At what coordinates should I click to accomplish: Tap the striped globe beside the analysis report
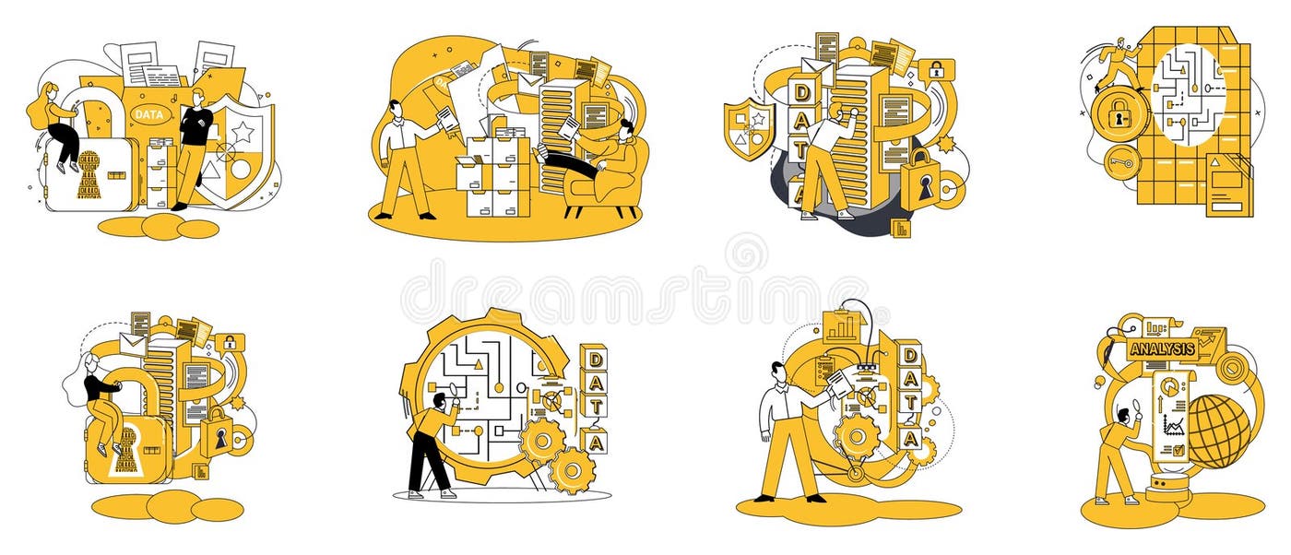pos(1218,430)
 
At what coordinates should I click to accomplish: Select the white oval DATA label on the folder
pos(148,114)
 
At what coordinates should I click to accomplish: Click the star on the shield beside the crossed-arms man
pos(243,132)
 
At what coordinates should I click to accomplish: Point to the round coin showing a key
pos(1122,162)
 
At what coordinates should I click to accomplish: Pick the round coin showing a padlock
pos(1119,114)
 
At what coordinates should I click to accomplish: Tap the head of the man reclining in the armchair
pos(627,132)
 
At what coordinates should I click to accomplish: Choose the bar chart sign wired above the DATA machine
pos(841,325)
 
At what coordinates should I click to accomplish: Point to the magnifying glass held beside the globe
pos(1136,402)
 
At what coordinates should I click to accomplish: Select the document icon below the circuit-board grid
pos(1227,184)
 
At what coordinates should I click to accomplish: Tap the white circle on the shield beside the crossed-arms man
pos(242,169)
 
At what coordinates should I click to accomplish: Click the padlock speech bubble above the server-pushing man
pos(935,70)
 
